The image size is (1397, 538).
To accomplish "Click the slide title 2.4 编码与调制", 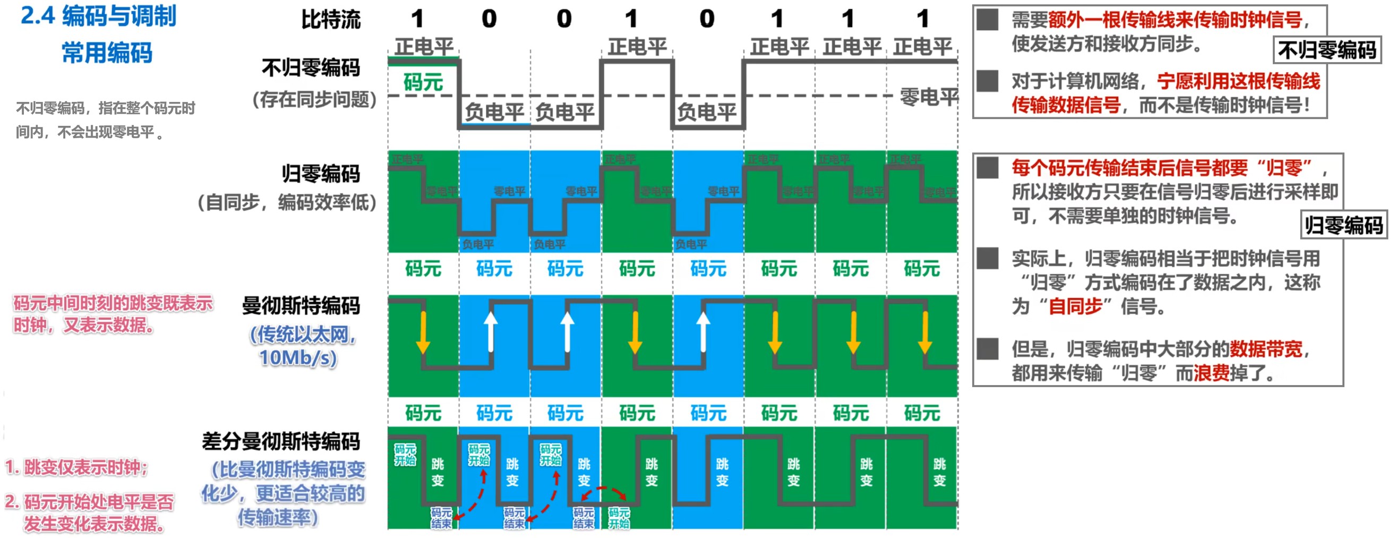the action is pos(98,16).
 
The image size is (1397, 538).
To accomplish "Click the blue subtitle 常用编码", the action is pos(107,53).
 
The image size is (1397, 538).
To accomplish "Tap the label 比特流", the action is pos(331,20).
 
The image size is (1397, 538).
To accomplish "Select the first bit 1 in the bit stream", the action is pos(416,20).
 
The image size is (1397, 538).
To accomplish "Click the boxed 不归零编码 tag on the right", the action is pos(1326,50).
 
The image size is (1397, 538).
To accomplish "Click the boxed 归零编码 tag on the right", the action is pos(1343,225).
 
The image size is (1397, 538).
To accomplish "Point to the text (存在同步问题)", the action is pos(314,100).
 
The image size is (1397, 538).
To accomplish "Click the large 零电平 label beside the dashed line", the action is pos(929,98).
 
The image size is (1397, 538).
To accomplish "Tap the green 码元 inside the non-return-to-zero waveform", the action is pos(423,82).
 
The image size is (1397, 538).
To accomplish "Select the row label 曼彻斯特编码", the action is pos(301,306).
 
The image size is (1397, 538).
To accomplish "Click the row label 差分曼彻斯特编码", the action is pos(281,441).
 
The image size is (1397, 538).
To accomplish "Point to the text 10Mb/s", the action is pos(298,358).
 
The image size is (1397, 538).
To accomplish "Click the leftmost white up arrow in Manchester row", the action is pos(490,331).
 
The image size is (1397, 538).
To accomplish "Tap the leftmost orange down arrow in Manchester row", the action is pos(423,332).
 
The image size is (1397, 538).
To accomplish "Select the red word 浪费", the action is pos(1211,373).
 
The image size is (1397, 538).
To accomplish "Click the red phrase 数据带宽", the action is pos(1266,349).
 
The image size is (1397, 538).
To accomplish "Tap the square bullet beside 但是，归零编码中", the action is pos(988,349).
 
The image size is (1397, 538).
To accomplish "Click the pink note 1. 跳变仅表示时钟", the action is pos(76,467).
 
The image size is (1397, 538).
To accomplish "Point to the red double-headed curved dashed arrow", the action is pos(603,492).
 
